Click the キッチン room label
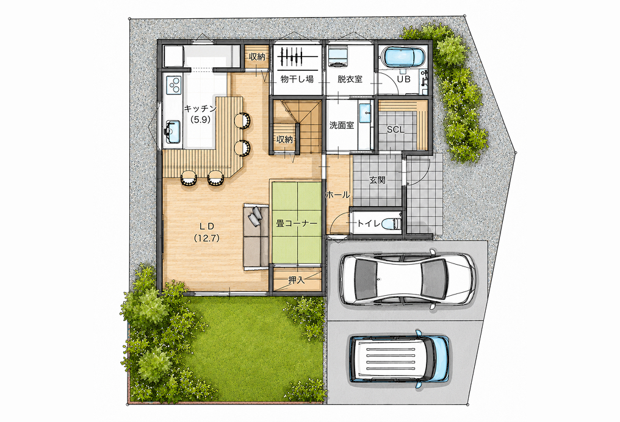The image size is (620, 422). [201, 108]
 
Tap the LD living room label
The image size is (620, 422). [206, 226]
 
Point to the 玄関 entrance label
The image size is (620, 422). [377, 180]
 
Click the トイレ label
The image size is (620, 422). [369, 223]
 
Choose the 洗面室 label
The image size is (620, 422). [342, 126]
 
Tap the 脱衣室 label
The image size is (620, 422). [350, 79]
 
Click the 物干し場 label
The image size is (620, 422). [297, 79]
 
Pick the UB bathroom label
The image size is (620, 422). [403, 79]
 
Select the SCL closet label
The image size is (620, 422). [395, 129]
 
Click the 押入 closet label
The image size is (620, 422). [297, 280]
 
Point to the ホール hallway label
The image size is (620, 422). [337, 195]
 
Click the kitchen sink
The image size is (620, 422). [173, 131]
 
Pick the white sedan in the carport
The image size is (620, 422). [408, 279]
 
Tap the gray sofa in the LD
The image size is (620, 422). [256, 235]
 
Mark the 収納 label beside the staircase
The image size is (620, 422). [284, 139]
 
